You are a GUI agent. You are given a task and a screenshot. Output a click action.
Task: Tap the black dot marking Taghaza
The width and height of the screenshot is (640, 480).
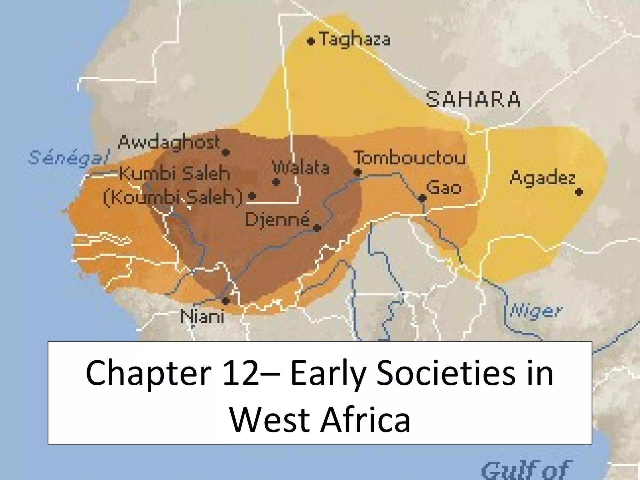[310, 41]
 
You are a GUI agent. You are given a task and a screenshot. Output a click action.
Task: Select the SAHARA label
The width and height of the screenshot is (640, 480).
[473, 99]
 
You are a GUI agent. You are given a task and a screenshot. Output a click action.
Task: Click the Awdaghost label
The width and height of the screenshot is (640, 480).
[169, 143]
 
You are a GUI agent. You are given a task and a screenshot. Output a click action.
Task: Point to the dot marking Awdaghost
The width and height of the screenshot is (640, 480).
[226, 152]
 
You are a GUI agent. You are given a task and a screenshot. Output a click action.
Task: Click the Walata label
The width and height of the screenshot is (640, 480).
[302, 168]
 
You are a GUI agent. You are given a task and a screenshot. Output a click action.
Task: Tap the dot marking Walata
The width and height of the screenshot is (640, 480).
[276, 182]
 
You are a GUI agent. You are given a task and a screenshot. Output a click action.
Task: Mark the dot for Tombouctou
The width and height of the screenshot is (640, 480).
[357, 172]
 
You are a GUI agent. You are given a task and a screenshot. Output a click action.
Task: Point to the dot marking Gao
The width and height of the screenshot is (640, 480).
[422, 198]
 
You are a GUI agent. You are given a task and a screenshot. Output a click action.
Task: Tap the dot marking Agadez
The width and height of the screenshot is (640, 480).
[579, 192]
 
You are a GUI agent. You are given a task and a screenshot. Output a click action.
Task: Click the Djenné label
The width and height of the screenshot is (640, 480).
[277, 219]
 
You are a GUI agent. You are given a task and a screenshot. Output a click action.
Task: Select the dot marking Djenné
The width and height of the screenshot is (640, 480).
[317, 228]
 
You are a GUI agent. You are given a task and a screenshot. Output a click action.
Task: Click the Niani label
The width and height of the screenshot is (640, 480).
[202, 317]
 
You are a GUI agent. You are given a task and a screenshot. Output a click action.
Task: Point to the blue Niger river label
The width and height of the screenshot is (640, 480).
[536, 311]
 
